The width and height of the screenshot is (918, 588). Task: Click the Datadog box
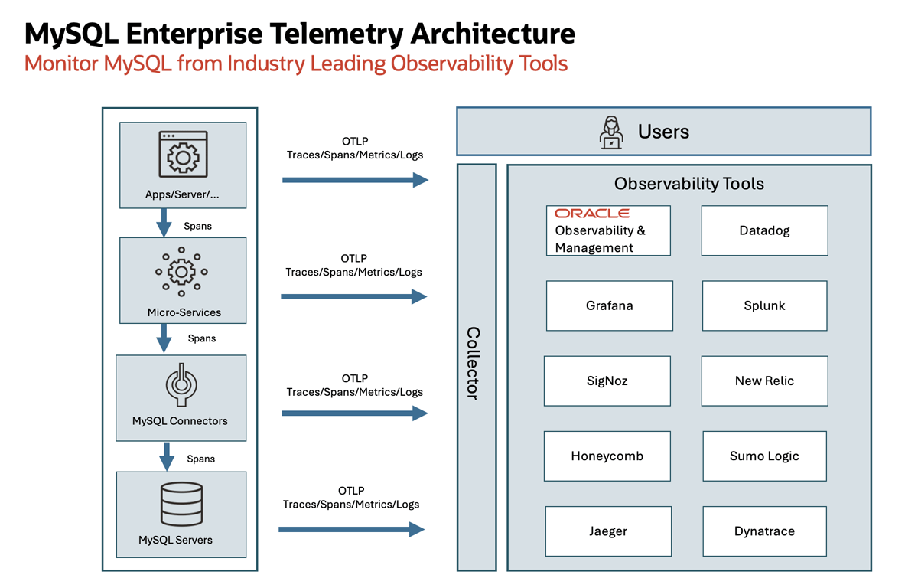(764, 230)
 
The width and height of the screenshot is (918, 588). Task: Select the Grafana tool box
(609, 305)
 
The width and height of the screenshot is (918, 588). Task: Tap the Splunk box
(764, 305)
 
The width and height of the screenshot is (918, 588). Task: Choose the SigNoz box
(607, 381)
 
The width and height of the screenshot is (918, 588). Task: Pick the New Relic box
(764, 381)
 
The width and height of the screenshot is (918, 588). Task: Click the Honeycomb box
(607, 456)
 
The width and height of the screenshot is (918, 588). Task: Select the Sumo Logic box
(764, 456)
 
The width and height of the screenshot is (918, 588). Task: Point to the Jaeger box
(608, 531)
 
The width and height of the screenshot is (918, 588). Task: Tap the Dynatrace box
(764, 531)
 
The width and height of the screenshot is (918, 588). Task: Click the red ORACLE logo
(592, 214)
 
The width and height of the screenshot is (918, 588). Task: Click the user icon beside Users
(611, 132)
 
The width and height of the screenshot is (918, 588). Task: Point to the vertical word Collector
(474, 364)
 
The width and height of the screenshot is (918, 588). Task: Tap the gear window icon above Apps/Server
(183, 155)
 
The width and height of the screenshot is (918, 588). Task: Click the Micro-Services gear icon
(181, 271)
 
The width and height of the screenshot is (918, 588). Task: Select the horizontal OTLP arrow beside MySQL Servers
(351, 529)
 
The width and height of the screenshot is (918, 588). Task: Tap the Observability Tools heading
(688, 184)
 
